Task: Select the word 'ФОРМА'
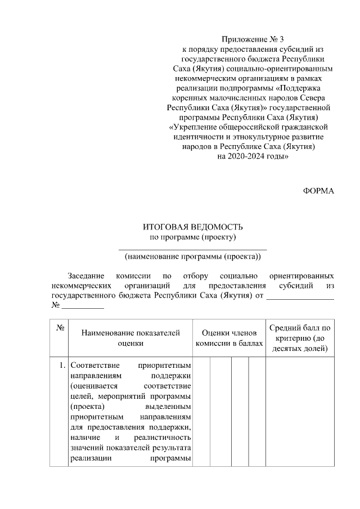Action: point(318,191)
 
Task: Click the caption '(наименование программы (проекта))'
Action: point(193,257)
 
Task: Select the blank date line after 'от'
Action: point(300,296)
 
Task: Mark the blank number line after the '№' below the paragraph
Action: point(83,306)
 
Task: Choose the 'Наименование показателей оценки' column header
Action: point(130,337)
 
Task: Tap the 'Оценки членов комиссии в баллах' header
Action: point(229,337)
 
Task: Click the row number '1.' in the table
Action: point(62,366)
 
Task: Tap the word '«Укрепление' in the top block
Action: point(193,127)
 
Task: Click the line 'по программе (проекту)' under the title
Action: point(192,237)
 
